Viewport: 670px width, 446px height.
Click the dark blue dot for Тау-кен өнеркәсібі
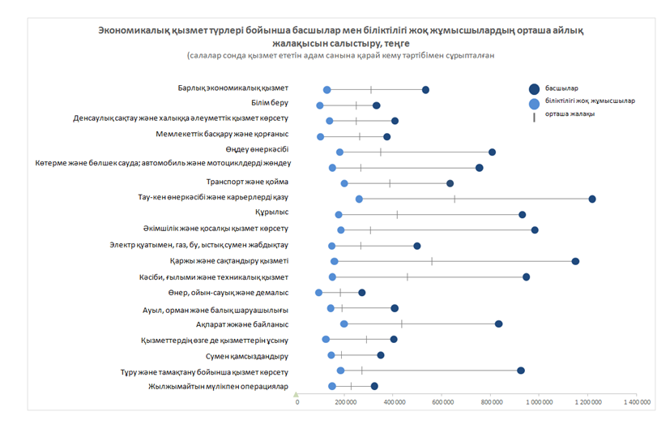click(592, 199)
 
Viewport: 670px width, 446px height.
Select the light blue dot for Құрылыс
click(339, 215)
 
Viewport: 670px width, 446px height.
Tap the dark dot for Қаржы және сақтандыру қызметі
click(575, 261)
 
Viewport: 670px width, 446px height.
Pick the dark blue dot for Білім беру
click(376, 105)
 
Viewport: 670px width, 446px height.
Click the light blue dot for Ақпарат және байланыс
click(344, 324)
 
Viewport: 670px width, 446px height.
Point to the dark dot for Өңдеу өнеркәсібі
click(492, 152)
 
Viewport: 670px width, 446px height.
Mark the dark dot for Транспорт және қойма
click(450, 183)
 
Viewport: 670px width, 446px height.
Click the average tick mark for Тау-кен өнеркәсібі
click(454, 199)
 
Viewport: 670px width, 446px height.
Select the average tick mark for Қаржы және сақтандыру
click(432, 261)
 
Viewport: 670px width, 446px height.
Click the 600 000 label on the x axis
click(442, 401)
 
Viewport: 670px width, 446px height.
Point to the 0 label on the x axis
click(297, 401)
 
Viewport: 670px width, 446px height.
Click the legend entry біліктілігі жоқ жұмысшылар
click(590, 101)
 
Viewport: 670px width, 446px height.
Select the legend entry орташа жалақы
click(571, 114)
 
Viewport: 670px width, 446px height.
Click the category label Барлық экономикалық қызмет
click(233, 88)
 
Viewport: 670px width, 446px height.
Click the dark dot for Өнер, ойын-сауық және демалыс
click(361, 293)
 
